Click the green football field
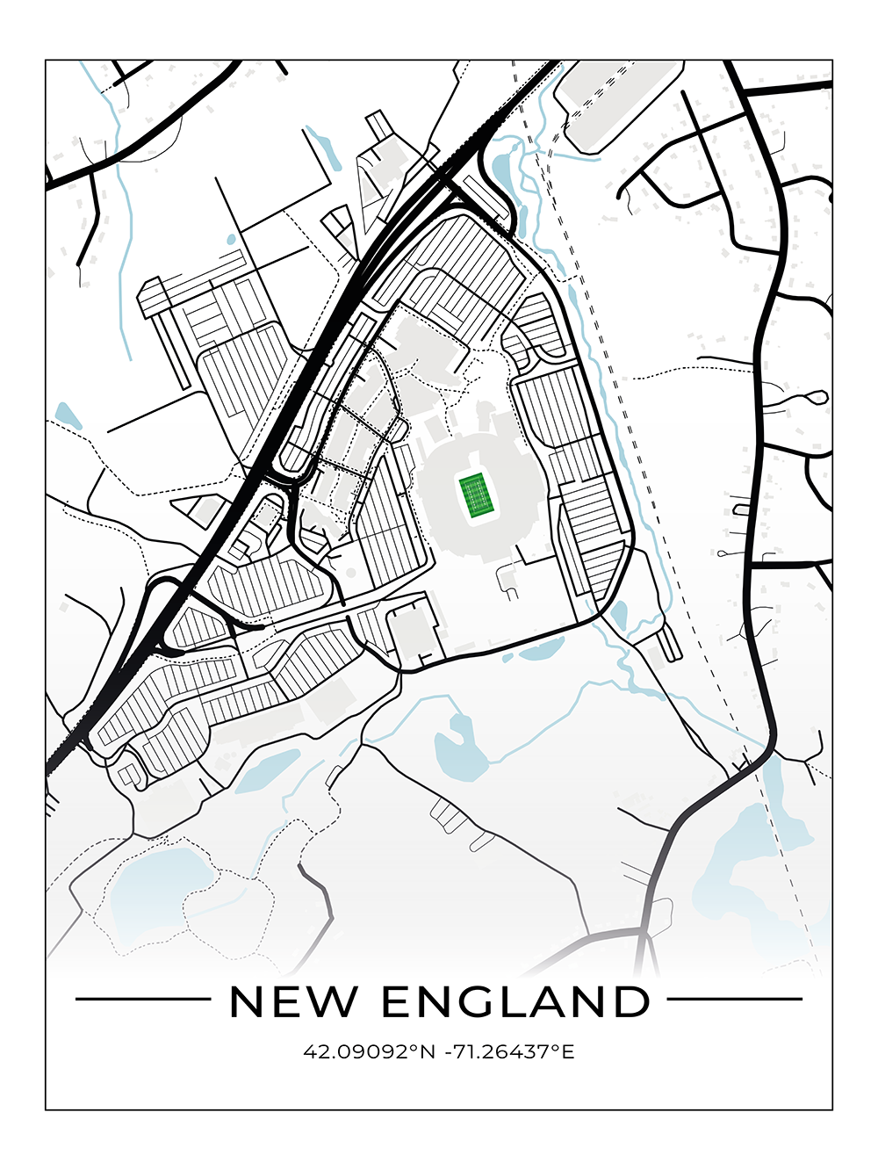(x=474, y=495)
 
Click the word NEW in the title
(x=294, y=1001)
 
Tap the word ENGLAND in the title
(x=516, y=1001)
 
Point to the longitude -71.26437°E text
(x=509, y=1051)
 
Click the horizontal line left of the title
(x=143, y=999)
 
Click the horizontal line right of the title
(x=735, y=999)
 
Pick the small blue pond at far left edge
(x=67, y=415)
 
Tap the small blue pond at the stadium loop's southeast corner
(x=619, y=614)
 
